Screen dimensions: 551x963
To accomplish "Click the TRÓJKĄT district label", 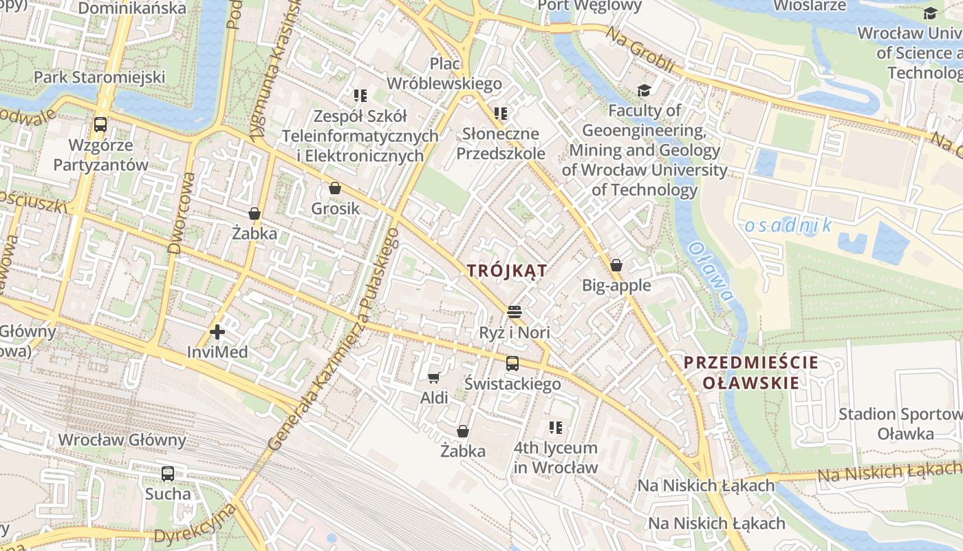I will click(507, 271).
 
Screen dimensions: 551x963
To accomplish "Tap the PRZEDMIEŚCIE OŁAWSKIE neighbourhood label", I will click(751, 373).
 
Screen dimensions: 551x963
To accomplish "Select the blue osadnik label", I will click(788, 225).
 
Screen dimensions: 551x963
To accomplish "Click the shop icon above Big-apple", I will click(616, 265).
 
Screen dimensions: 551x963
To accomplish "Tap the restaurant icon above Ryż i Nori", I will click(514, 311).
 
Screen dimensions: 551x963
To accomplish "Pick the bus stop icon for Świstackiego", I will click(512, 364).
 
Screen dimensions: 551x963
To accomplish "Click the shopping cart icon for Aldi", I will click(434, 377).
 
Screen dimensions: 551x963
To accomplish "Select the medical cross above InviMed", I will click(217, 332).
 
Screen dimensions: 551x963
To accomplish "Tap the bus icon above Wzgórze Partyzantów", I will click(100, 125).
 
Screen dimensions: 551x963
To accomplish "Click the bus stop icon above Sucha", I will click(168, 474).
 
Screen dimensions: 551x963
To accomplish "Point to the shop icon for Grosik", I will click(335, 188).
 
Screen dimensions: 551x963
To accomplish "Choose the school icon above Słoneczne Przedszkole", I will click(500, 113).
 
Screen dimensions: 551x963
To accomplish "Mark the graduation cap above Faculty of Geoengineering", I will click(644, 90).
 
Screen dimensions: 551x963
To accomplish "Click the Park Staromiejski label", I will click(100, 76).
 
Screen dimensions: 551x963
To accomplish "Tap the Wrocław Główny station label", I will click(122, 439).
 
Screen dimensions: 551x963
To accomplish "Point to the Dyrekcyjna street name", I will click(195, 526).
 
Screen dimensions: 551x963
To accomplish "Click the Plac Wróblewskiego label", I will click(444, 74).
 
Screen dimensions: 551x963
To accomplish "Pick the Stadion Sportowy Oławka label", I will click(900, 424).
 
